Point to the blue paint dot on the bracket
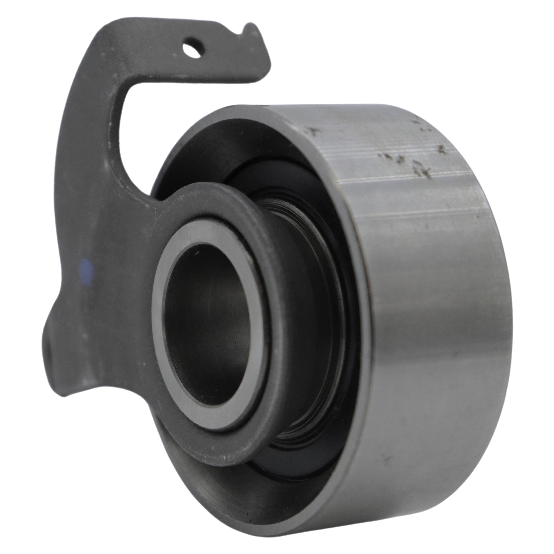point(86,268)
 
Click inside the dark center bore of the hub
point(207,312)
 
